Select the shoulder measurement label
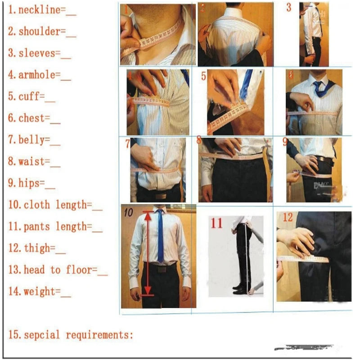click(39, 32)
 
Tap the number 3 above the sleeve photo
click(288, 8)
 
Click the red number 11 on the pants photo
click(217, 223)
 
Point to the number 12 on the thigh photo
click(288, 218)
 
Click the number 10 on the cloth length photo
click(128, 213)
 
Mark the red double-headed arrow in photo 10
click(147, 254)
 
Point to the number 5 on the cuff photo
click(203, 76)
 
